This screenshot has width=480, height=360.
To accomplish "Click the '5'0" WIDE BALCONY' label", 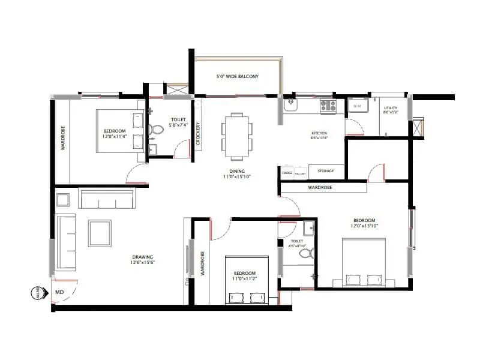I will coord(237,77).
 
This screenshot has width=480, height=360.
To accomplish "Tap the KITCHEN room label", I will coord(319,133).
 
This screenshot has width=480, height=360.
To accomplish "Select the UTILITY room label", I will coord(391,108).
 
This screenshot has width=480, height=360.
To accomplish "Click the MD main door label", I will coord(59,292).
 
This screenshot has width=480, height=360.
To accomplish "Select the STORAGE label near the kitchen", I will coord(326,171).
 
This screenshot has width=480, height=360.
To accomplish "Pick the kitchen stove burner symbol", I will coord(328,106).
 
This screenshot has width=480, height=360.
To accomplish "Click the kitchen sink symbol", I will coord(290,105).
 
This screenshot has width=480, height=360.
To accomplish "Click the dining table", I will coord(234,136).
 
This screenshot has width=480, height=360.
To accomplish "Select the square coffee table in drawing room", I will coord(99,233).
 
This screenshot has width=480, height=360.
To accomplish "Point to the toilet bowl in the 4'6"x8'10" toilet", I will coord(306,254).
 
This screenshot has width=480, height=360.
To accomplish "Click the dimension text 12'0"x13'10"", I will coord(365,226).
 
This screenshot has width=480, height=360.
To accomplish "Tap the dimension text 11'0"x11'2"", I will coord(245,279).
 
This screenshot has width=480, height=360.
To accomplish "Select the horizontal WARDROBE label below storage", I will coord(321,188).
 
